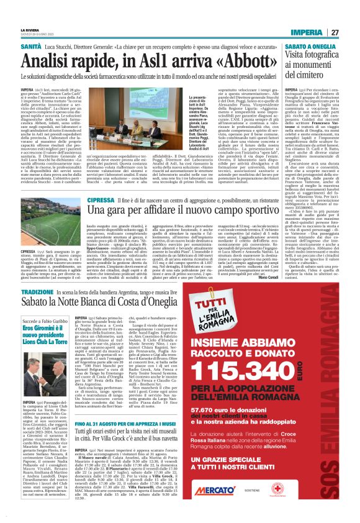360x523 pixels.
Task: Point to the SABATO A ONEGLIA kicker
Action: [x=300, y=46]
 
